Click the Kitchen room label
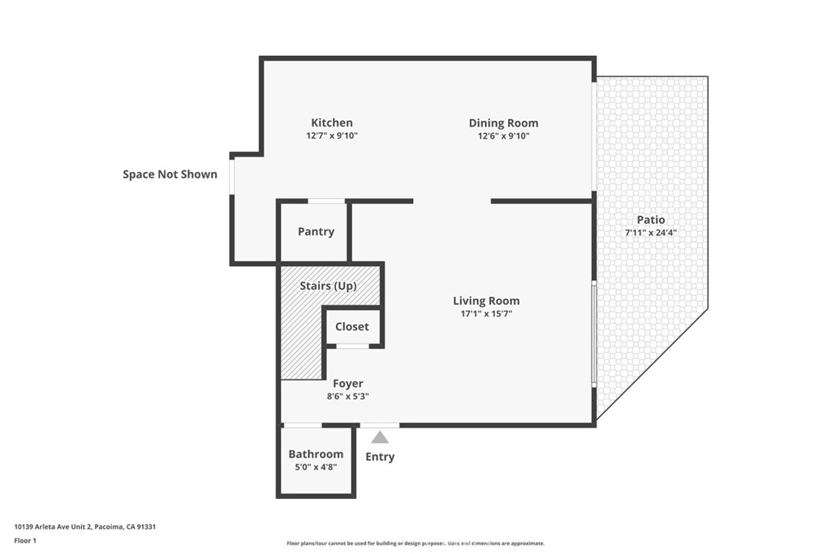pos(332,122)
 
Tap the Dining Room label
pos(503,123)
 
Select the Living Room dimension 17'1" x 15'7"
pos(486,313)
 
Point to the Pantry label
pos(316,231)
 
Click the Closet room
pos(352,327)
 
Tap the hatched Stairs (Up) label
pos(328,286)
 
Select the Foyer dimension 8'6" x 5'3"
pos(348,397)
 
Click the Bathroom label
pos(316,454)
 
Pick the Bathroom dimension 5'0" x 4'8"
pos(316,467)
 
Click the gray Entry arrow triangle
pos(380,438)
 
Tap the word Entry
pos(380,457)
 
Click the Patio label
pos(651,220)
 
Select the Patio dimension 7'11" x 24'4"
pos(651,233)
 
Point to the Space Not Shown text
pos(170,174)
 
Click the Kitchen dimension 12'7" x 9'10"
pos(332,135)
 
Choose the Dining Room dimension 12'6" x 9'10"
pos(503,136)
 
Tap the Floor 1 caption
pos(25,540)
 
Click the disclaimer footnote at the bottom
pos(415,543)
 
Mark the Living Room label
pos(486,301)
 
